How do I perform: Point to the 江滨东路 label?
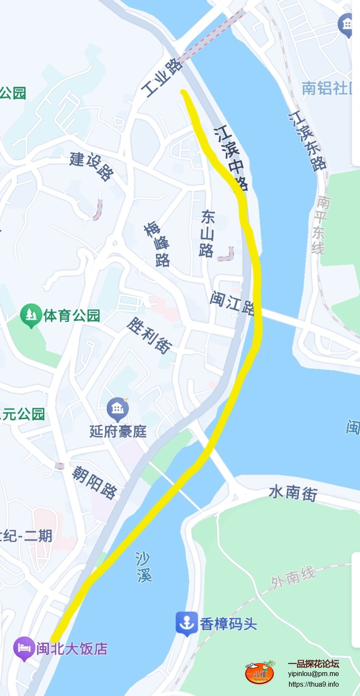click(307, 141)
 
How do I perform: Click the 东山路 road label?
click(207, 233)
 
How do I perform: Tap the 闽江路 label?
click(232, 303)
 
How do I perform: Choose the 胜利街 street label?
click(149, 335)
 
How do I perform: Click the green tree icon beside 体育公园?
click(31, 315)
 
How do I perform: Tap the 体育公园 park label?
click(71, 315)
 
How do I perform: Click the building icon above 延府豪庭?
click(117, 409)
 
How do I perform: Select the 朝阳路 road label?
click(94, 482)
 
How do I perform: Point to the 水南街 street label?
click(293, 492)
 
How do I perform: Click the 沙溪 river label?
click(144, 566)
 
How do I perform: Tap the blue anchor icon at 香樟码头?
click(186, 623)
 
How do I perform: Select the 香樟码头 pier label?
click(228, 624)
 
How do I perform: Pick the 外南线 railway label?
click(293, 577)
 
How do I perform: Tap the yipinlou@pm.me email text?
click(313, 673)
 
